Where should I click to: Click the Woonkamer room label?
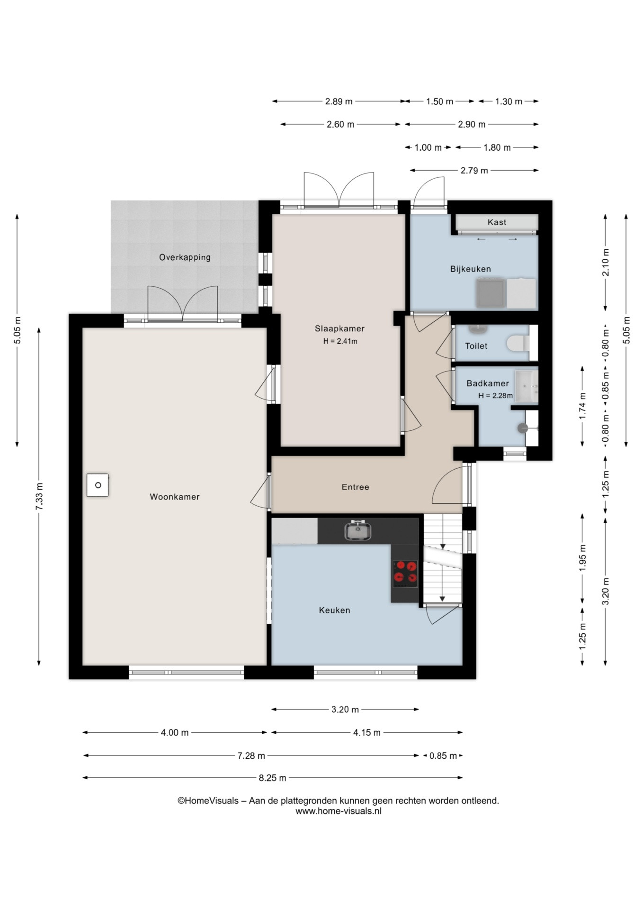174,497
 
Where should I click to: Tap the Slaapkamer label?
339,328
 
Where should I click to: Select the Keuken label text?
334,610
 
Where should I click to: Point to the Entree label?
355,487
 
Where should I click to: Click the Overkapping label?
185,257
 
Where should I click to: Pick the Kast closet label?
497,222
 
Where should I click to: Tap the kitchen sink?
357,530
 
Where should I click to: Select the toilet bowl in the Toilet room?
518,343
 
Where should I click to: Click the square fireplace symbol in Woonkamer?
98,485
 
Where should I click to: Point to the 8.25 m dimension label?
272,778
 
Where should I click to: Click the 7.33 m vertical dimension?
39,496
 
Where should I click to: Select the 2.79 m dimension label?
474,171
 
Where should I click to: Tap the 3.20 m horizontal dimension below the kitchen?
345,710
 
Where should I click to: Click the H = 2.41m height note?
340,341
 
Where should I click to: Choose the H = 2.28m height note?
495,395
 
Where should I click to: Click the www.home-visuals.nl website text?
339,811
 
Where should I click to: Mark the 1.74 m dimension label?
582,406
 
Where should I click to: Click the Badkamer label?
488,383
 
